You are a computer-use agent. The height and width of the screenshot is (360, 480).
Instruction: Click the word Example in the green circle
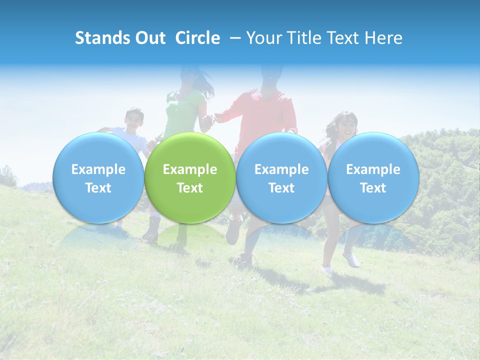pyautogui.click(x=190, y=169)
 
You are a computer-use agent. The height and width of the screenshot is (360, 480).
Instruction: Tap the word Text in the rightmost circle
pyautogui.click(x=373, y=188)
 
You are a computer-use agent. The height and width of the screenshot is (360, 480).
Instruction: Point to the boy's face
pyautogui.click(x=134, y=119)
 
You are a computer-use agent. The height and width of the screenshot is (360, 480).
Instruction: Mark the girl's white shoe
pyautogui.click(x=351, y=259)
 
